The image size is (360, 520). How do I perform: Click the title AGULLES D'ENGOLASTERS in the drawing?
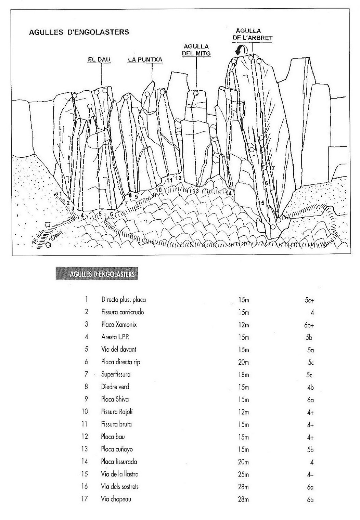79,32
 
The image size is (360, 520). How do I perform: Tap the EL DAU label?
99,60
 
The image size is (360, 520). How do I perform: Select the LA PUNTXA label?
145,60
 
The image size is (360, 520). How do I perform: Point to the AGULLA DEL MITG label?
196,50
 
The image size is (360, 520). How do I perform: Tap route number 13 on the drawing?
195,191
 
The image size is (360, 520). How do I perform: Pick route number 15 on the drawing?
261,203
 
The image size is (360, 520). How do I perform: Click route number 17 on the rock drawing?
272,168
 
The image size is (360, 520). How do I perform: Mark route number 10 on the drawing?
158,190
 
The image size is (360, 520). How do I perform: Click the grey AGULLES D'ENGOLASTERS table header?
97,274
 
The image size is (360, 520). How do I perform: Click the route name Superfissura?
116,374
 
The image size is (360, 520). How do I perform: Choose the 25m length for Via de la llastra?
243,474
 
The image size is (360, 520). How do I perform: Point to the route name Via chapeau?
116,499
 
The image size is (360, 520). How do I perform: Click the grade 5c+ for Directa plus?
309,300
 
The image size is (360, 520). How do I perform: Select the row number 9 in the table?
86,399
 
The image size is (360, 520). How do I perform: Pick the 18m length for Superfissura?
243,375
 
